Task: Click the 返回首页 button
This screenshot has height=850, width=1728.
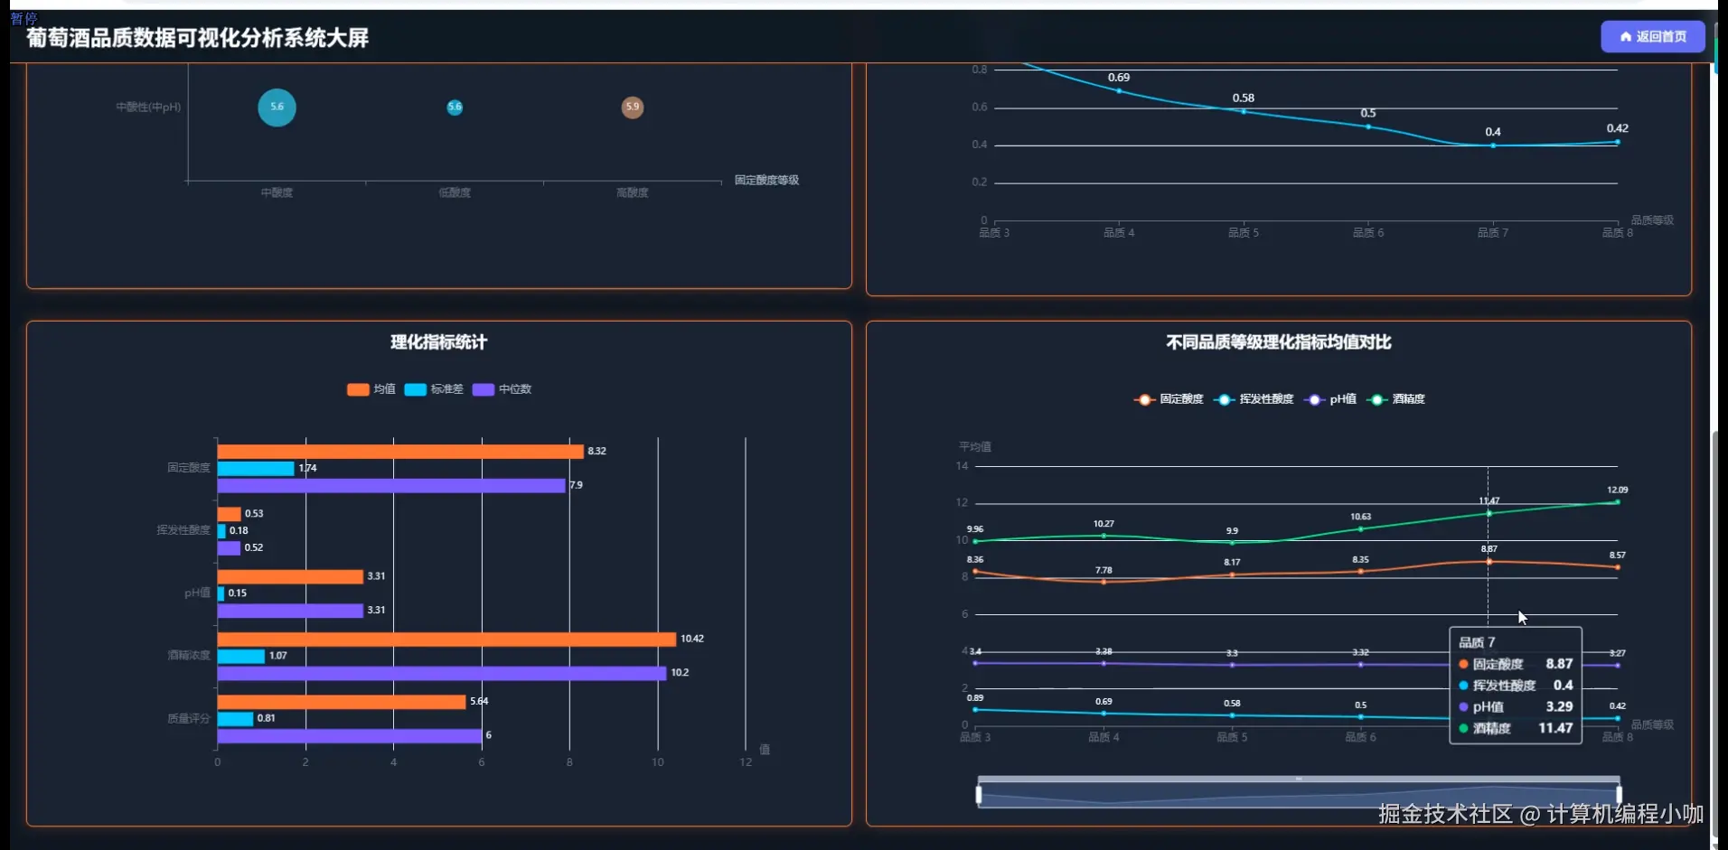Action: [1652, 37]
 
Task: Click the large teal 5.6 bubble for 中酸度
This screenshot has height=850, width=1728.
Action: [277, 107]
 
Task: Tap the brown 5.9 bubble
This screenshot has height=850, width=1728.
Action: [633, 107]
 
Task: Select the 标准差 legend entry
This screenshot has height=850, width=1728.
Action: [435, 389]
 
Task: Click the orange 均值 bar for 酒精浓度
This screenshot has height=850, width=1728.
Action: [446, 640]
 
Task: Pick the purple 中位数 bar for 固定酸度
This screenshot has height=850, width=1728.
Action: [390, 486]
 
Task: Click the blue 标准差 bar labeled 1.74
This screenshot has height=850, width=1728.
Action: [256, 469]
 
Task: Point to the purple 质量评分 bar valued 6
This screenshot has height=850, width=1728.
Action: [349, 736]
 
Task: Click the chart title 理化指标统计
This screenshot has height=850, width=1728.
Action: [438, 342]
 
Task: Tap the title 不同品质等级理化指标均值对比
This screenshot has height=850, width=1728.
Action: [1278, 342]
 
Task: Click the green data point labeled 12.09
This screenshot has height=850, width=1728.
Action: [1617, 502]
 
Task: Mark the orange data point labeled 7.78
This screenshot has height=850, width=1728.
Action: [1103, 582]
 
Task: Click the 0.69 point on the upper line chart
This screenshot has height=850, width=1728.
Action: [1119, 90]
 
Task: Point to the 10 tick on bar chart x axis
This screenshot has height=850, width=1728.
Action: [657, 762]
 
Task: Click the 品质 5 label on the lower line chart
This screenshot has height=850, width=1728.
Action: [1232, 738]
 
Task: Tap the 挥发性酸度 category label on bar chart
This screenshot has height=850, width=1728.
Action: [183, 530]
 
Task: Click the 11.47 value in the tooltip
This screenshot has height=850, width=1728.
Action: [1555, 728]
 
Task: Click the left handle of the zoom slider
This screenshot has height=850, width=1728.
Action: [979, 795]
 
